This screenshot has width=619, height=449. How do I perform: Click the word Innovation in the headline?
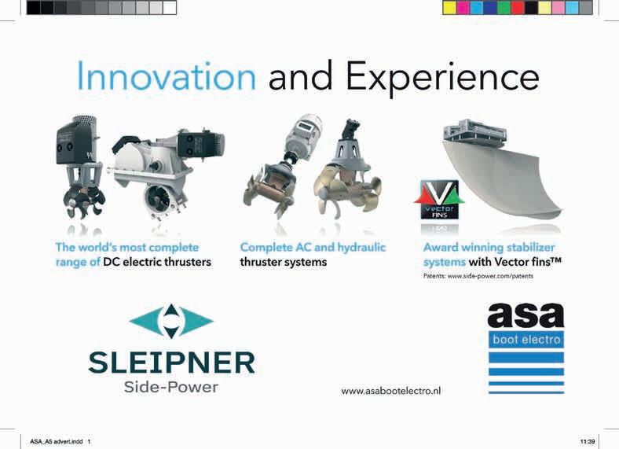(167, 76)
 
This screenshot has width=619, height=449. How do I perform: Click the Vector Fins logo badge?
(439, 200)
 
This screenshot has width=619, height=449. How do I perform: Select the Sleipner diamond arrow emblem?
(171, 321)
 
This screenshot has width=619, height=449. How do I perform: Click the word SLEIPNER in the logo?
(172, 363)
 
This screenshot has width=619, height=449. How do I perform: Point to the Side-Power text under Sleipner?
(171, 387)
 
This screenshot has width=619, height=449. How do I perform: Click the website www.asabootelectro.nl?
(391, 391)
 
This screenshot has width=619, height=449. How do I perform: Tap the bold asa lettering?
(526, 315)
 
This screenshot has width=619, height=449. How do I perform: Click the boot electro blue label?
(526, 340)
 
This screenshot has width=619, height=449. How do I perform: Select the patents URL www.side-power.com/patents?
(490, 276)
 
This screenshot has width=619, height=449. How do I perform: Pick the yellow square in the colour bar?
(449, 8)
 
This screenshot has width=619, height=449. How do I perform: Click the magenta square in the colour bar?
(463, 8)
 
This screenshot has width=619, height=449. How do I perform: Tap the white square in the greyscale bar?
(170, 8)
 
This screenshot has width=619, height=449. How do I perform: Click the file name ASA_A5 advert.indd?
(57, 441)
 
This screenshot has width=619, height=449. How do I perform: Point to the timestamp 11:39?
(588, 441)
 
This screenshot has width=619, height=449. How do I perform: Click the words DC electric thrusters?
(157, 262)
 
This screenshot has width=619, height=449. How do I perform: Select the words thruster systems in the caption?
(284, 262)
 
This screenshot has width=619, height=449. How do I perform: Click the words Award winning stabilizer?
(489, 248)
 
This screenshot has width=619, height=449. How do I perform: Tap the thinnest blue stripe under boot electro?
(526, 392)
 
